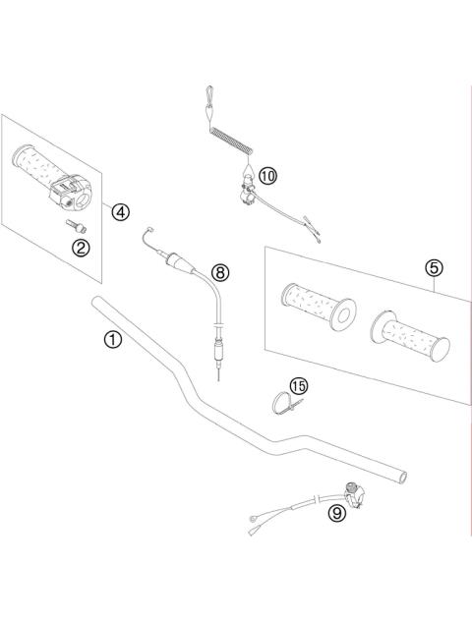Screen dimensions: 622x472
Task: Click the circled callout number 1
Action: pos(113,340)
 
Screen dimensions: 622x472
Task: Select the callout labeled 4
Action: pos(119,211)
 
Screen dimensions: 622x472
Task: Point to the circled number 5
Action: pos(433,266)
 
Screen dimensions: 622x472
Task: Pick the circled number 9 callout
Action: pos(337,511)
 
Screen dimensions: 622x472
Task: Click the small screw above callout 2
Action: pos(72,224)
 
